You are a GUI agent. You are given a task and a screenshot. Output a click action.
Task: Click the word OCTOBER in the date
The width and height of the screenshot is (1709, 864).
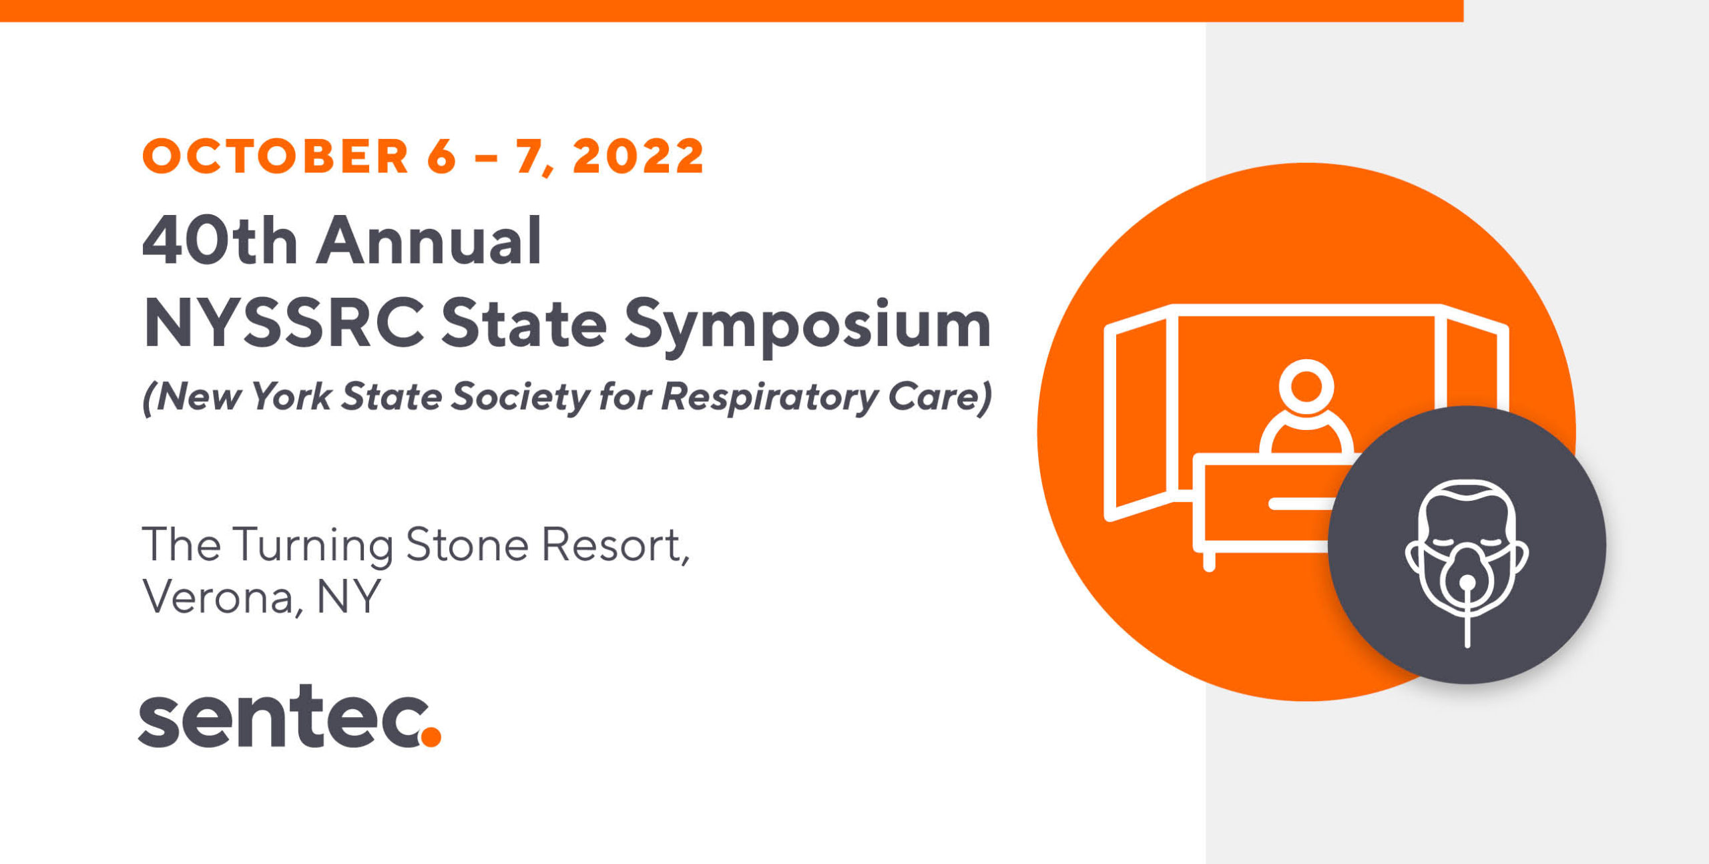[x=276, y=156]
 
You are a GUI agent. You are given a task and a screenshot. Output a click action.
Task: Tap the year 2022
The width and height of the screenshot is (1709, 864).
[x=638, y=156]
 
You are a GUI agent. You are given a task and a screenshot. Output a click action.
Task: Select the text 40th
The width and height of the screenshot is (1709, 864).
[x=220, y=240]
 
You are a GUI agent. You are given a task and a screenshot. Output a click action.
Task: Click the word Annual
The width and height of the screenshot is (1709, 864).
[x=429, y=240]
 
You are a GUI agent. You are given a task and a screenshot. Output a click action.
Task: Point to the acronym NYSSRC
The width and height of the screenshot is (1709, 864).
[x=284, y=323]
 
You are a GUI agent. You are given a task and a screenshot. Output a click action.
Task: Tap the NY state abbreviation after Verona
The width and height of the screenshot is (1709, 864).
[x=348, y=596]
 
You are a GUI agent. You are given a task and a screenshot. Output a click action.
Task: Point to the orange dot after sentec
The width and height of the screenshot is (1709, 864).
[x=431, y=736]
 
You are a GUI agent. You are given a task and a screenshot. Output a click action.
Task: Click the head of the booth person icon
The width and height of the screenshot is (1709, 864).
[x=1306, y=387]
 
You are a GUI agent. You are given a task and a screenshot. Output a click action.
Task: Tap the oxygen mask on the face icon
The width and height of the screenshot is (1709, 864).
[x=1467, y=574]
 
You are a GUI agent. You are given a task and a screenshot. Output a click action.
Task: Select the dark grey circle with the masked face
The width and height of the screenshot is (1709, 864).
[x=1467, y=545]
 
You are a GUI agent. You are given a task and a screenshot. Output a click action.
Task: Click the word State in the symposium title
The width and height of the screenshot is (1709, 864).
[x=524, y=323]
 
